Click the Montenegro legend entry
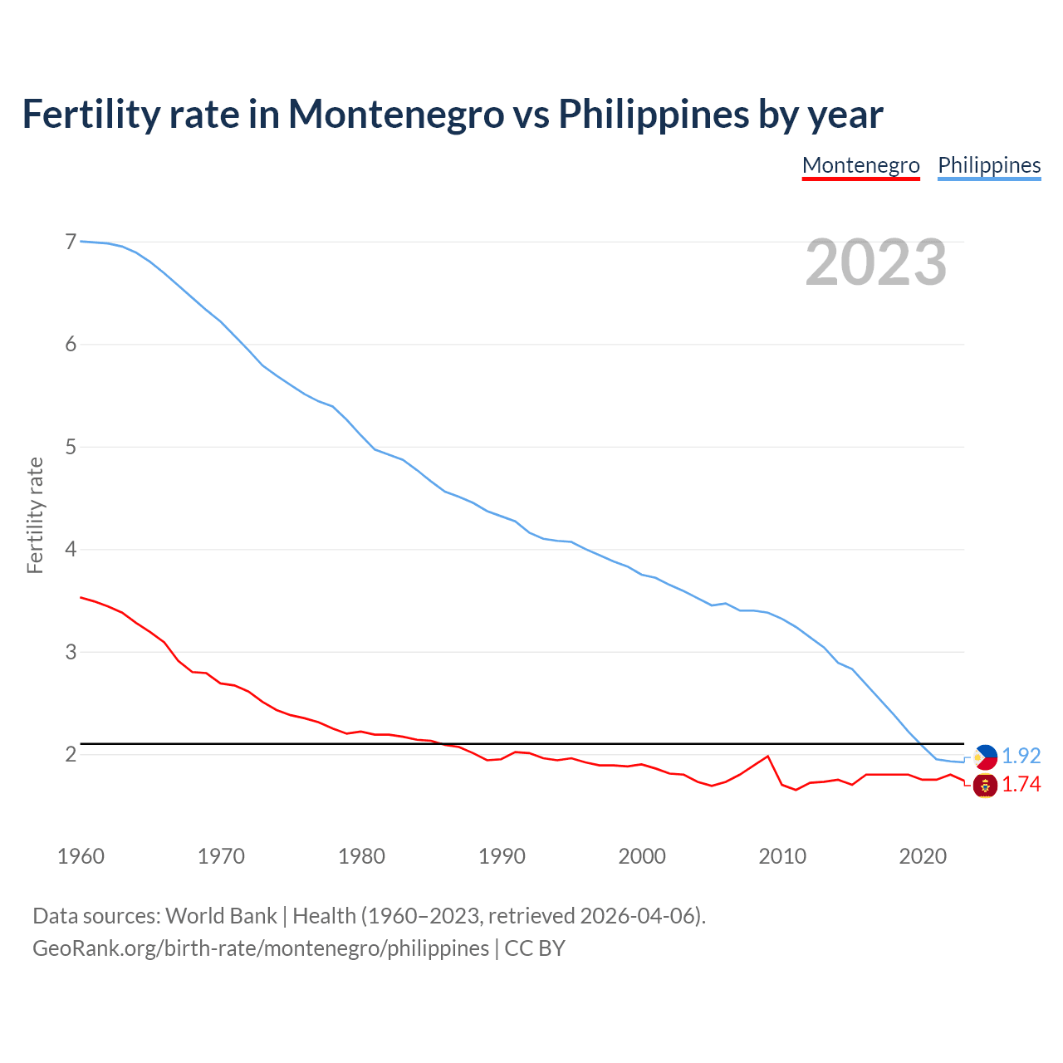(x=860, y=165)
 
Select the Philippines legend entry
(x=989, y=165)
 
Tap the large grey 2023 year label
(x=875, y=262)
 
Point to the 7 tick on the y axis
(x=71, y=242)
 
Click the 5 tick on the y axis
(x=71, y=447)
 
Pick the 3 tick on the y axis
(x=71, y=652)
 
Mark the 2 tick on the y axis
(x=71, y=754)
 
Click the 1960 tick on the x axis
(x=81, y=856)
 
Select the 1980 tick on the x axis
(x=361, y=856)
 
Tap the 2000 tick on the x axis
(x=642, y=856)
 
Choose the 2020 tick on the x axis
(x=923, y=856)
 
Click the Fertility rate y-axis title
(x=35, y=515)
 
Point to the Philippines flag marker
(x=985, y=757)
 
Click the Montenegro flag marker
(x=985, y=785)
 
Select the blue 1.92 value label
(x=1021, y=757)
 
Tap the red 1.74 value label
(x=1021, y=785)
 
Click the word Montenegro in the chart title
(x=396, y=114)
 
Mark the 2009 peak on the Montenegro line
(x=768, y=756)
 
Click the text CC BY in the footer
(x=535, y=948)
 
